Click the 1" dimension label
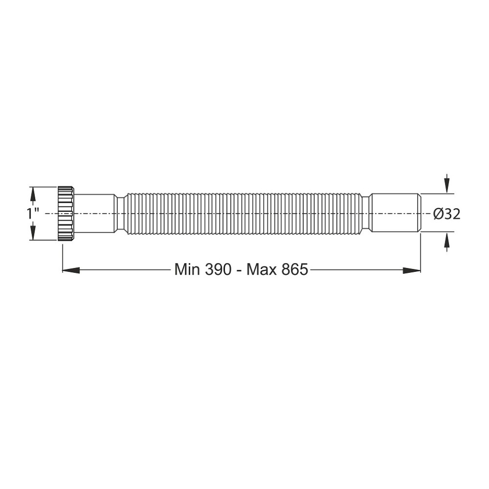(32, 214)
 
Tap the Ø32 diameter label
(446, 214)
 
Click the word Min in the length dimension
(187, 269)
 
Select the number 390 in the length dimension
(218, 269)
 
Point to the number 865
(295, 269)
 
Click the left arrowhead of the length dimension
(71, 270)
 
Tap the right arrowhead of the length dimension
(412, 270)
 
